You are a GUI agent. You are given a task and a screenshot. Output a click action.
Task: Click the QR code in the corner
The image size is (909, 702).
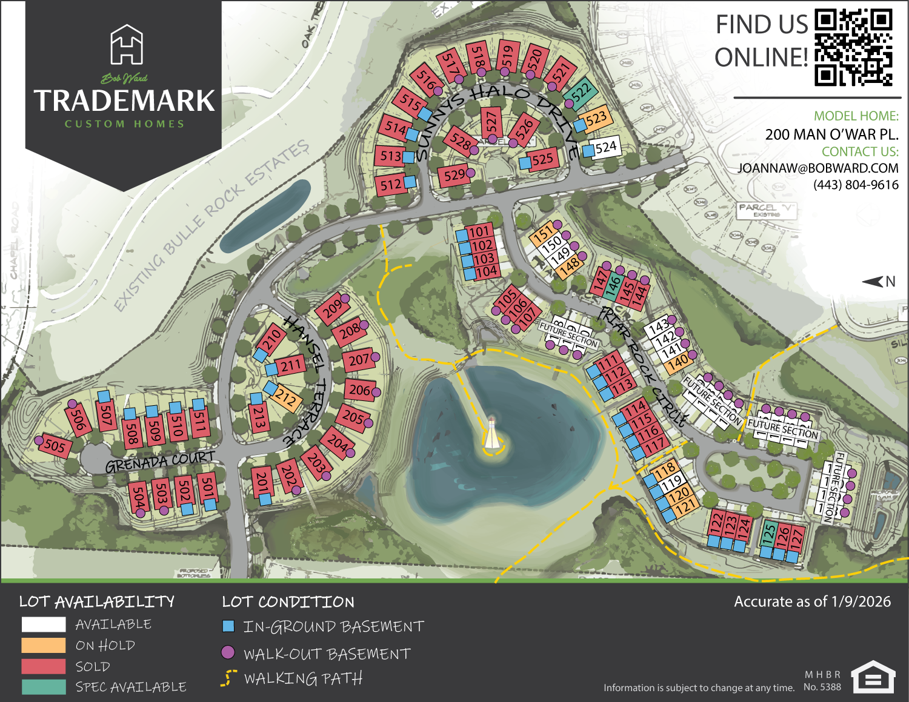point(853,47)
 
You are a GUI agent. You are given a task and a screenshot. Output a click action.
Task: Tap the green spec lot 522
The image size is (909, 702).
point(581,92)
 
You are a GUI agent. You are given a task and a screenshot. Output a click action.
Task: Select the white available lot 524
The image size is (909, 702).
point(605,147)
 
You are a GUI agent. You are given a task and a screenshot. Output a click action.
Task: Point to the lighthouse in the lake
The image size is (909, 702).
point(492,434)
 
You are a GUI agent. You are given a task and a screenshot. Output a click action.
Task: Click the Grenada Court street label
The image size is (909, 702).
point(160,462)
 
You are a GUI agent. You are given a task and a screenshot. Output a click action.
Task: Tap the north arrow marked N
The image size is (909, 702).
point(878,282)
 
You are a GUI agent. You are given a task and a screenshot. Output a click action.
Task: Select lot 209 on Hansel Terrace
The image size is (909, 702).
point(332,310)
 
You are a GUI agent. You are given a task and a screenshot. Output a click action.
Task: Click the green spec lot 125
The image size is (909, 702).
point(768,534)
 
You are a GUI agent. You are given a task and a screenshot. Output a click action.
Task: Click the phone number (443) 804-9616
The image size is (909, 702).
point(856,185)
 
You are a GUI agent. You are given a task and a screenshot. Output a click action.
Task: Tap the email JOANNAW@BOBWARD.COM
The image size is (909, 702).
point(817,168)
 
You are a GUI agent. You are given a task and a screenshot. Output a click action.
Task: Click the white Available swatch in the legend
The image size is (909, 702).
point(44,624)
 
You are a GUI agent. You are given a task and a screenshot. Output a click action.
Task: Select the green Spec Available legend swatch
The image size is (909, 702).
point(44,687)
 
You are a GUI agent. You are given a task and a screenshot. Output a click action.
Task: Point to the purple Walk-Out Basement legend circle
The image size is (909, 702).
point(228,653)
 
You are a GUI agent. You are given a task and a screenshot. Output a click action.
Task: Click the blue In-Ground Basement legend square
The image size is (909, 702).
point(228,626)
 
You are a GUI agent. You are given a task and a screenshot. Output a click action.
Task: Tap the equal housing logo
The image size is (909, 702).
point(873,677)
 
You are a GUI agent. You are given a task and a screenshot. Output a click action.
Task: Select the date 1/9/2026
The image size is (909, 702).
point(861,601)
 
